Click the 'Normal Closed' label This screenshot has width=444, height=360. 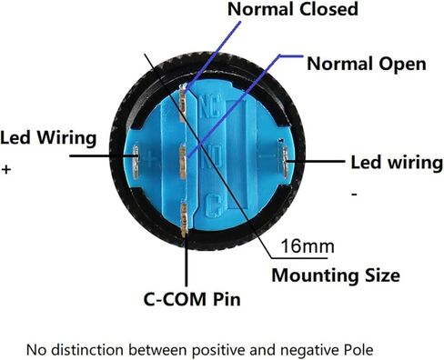[x=293, y=9]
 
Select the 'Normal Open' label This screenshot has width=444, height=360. [x=367, y=65]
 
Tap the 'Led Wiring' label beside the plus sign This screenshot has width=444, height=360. [x=48, y=138]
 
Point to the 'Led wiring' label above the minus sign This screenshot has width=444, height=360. [x=397, y=163]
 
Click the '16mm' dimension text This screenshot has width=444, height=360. [x=308, y=246]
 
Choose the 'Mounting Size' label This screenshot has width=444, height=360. [x=336, y=275]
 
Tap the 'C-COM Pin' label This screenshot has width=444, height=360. [x=192, y=299]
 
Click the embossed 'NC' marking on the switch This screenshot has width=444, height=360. [x=211, y=105]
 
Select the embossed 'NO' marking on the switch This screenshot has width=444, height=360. [x=212, y=156]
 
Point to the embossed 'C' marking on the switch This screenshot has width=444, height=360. [x=213, y=205]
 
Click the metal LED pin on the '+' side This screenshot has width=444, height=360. [x=136, y=161]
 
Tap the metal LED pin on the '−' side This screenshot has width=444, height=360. [x=285, y=162]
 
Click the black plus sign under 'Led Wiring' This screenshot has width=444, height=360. [x=6, y=169]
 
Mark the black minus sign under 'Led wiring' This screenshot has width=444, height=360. [x=354, y=194]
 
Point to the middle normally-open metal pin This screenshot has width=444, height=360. [x=183, y=163]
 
